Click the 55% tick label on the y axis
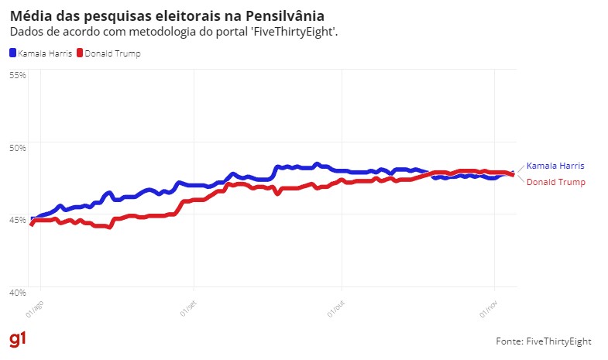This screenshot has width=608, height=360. pyautogui.click(x=18, y=75)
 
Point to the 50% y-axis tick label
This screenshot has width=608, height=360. pyautogui.click(x=18, y=147)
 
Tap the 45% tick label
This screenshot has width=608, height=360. pyautogui.click(x=18, y=219)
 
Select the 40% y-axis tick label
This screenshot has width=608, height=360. pyautogui.click(x=18, y=292)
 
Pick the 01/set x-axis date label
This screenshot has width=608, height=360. pyautogui.click(x=188, y=311)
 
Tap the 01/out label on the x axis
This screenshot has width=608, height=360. pyautogui.click(x=335, y=311)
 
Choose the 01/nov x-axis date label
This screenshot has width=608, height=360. pyautogui.click(x=488, y=311)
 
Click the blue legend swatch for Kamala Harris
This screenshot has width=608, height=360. pyautogui.click(x=12, y=53)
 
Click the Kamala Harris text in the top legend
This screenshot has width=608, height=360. pyautogui.click(x=45, y=53)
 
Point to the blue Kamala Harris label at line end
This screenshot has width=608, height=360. pyautogui.click(x=555, y=166)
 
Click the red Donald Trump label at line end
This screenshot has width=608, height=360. pyautogui.click(x=555, y=182)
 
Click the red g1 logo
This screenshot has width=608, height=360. pyautogui.click(x=17, y=340)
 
